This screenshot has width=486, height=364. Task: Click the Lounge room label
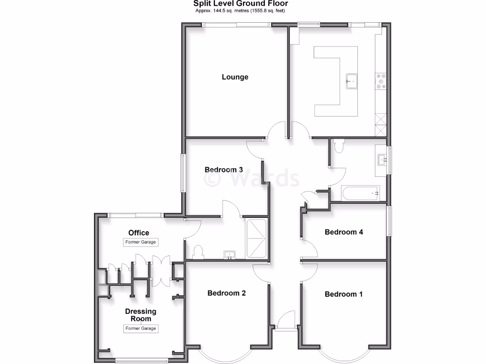point(235,77)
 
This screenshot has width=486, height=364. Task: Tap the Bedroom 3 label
point(224,170)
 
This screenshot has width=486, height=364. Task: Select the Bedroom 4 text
point(344,232)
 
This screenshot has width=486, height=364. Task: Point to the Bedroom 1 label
point(344,294)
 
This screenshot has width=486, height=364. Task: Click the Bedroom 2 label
point(226,293)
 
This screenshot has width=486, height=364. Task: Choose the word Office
point(139,233)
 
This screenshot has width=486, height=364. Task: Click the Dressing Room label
point(140,315)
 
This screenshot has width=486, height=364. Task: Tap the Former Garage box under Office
point(140,242)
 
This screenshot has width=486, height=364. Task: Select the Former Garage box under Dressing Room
point(140,328)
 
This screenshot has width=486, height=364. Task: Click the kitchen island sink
point(351,81)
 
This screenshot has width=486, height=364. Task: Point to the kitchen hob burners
point(381,81)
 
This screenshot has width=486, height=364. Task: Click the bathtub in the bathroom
point(360,193)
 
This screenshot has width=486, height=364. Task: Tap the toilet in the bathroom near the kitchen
point(338,146)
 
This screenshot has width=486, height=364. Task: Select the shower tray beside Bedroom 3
point(257,238)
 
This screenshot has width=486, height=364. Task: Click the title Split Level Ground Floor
point(240,4)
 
